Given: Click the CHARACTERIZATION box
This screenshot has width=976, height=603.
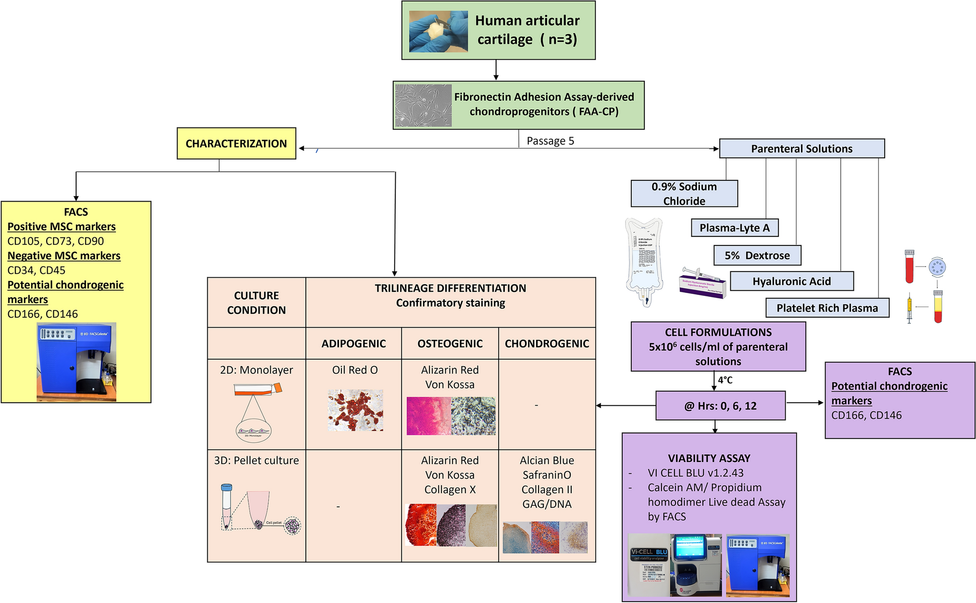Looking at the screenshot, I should (x=236, y=143).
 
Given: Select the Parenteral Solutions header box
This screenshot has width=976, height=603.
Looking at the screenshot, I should (x=801, y=149).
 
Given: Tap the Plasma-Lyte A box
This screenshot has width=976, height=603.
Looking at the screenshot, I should (x=734, y=228).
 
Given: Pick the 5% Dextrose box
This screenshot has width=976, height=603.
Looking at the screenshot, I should (x=757, y=256).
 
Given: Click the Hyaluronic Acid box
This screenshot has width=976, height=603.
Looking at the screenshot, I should (x=791, y=282).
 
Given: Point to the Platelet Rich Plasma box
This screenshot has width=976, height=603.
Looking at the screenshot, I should (x=827, y=308).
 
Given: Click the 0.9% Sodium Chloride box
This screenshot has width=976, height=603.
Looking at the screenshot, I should (x=684, y=193).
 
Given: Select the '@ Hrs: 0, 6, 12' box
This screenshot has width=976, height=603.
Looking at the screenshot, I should (x=720, y=406).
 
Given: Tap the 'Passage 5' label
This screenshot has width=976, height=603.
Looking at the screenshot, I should (x=550, y=141).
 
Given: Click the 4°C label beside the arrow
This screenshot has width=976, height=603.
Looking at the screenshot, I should (x=725, y=380).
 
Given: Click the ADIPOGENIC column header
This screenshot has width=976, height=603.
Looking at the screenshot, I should (x=353, y=344).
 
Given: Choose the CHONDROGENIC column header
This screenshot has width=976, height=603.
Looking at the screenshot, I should (x=547, y=344).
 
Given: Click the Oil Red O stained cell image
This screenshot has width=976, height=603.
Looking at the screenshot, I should (x=355, y=410).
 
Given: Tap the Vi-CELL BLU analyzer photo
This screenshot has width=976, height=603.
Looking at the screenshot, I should (x=675, y=565).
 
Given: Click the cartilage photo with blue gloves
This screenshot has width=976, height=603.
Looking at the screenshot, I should (x=438, y=31).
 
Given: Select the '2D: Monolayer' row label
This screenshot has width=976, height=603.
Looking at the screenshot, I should (x=256, y=370).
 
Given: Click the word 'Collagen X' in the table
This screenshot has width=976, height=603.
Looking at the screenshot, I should (x=450, y=489).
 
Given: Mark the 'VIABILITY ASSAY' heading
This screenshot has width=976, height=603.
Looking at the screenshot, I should (x=709, y=458).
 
